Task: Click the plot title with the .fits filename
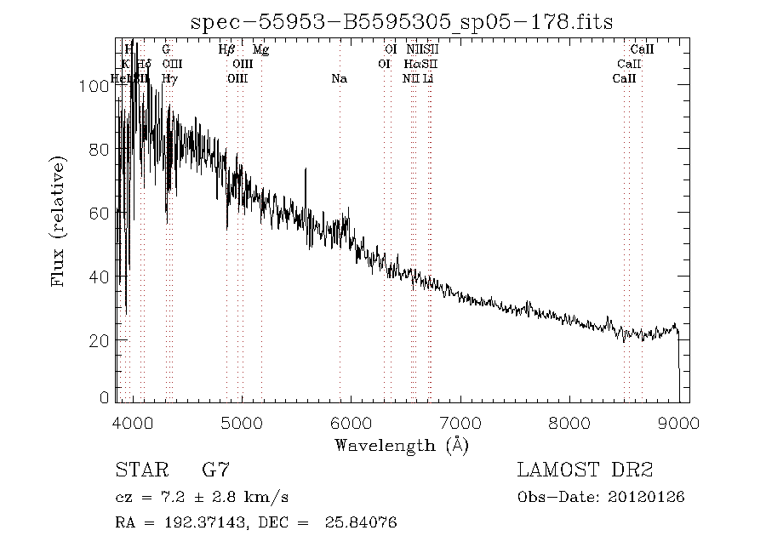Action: [x=402, y=22]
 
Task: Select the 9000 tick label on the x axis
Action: [x=679, y=423]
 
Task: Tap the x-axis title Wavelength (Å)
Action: [x=402, y=445]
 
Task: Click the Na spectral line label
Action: [x=339, y=78]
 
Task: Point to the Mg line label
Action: [x=260, y=50]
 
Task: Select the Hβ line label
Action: [x=226, y=50]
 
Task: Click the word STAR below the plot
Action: [x=135, y=470]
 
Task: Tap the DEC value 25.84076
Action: [x=361, y=522]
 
